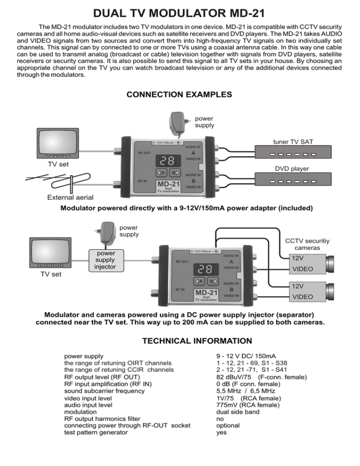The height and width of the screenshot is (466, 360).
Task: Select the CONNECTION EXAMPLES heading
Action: coord(180,94)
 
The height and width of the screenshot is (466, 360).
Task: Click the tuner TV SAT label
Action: coord(294,141)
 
